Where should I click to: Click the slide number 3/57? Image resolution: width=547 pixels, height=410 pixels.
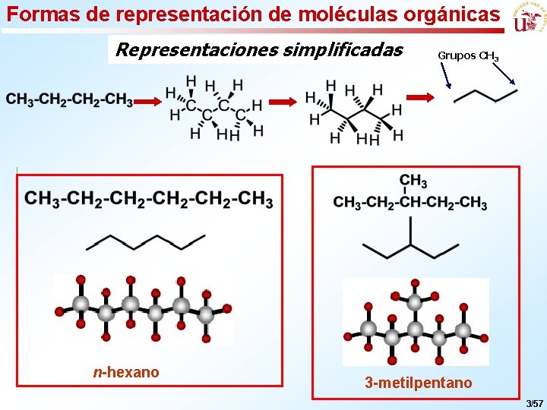534,401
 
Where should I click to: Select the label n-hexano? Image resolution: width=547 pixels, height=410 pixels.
126,372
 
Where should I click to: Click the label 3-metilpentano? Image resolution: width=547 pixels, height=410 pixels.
418,383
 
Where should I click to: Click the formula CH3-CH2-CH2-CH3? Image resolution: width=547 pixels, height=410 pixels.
69,100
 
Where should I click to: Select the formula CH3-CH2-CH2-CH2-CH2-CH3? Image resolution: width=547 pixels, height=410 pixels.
149,200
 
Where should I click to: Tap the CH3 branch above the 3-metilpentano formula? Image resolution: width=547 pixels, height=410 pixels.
413,181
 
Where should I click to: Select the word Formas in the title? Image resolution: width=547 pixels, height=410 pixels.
37,14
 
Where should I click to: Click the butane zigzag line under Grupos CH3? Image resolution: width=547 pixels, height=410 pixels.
485,96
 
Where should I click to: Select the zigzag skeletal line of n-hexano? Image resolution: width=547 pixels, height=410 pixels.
145,241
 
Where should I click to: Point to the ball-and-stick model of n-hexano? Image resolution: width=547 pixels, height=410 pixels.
142,309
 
